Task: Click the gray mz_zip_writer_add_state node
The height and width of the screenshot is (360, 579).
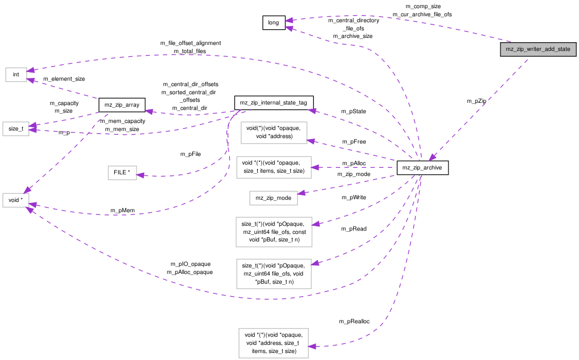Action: pos(538,49)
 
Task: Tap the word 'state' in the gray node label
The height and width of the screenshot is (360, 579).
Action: pos(563,49)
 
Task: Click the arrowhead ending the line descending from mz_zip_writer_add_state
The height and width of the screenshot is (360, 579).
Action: pos(432,158)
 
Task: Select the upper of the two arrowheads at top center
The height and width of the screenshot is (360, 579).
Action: pos(289,21)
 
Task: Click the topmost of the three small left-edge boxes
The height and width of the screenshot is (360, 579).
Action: pos(16,75)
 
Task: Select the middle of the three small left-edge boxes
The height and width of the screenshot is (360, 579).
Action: pos(16,129)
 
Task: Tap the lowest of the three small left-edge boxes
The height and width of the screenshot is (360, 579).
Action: pos(16,200)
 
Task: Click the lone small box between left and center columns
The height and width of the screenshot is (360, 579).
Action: pos(122,173)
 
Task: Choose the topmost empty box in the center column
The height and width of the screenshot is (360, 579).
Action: pos(274,133)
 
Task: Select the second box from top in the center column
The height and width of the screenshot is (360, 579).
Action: pos(274,167)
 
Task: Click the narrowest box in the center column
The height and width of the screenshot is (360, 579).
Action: pos(274,198)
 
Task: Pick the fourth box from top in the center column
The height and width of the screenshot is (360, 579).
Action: pos(274,232)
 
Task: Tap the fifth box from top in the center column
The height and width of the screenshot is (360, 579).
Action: pos(274,274)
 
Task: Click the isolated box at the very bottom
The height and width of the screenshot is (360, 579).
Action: pos(274,343)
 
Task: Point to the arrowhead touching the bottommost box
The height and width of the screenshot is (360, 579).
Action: pos(312,346)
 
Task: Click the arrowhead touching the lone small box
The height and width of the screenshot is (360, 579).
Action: pos(140,175)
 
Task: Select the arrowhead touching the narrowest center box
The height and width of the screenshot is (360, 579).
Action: pos(301,193)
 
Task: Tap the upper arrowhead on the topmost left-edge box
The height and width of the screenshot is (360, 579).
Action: pos(31,70)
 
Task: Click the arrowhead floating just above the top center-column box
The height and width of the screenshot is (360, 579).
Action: pos(312,111)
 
